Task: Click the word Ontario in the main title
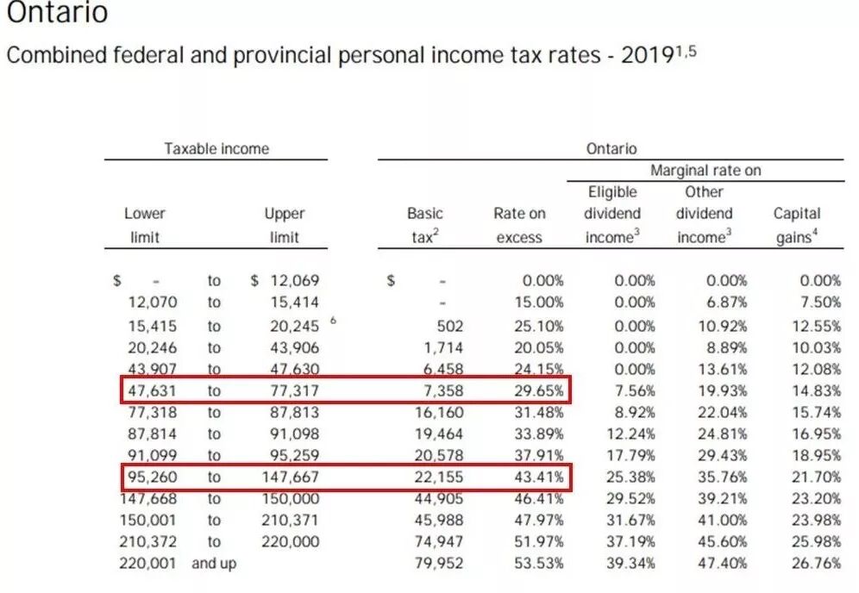(58, 13)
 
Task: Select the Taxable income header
(216, 148)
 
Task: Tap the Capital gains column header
(796, 225)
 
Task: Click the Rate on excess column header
(519, 225)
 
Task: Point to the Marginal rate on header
(705, 170)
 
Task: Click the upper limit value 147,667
(290, 476)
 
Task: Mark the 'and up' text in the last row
(213, 563)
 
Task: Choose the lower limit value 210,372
(147, 541)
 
